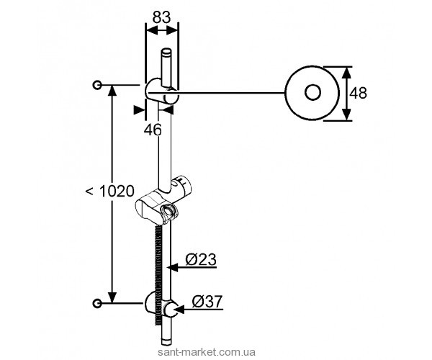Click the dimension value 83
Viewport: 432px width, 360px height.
pyautogui.click(x=162, y=17)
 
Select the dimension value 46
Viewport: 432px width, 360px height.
pyautogui.click(x=153, y=130)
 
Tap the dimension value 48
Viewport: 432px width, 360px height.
pyautogui.click(x=358, y=93)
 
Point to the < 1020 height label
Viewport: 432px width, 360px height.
pyautogui.click(x=109, y=191)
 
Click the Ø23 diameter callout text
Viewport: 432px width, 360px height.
pyautogui.click(x=201, y=259)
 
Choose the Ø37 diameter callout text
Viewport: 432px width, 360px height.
pyautogui.click(x=207, y=302)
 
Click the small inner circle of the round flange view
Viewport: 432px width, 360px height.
pyautogui.click(x=312, y=92)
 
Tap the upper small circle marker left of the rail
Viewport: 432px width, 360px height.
pyautogui.click(x=97, y=85)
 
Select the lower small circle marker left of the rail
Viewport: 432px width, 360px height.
pyautogui.click(x=97, y=303)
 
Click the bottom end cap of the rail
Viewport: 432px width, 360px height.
pyautogui.click(x=166, y=342)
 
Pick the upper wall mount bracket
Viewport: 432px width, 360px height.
pyautogui.click(x=161, y=91)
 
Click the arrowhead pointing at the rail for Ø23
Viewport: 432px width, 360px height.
pyautogui.click(x=173, y=267)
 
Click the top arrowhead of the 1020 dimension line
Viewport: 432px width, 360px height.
pyautogui.click(x=112, y=90)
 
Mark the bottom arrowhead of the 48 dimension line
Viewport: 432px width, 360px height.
pyautogui.click(x=347, y=114)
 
